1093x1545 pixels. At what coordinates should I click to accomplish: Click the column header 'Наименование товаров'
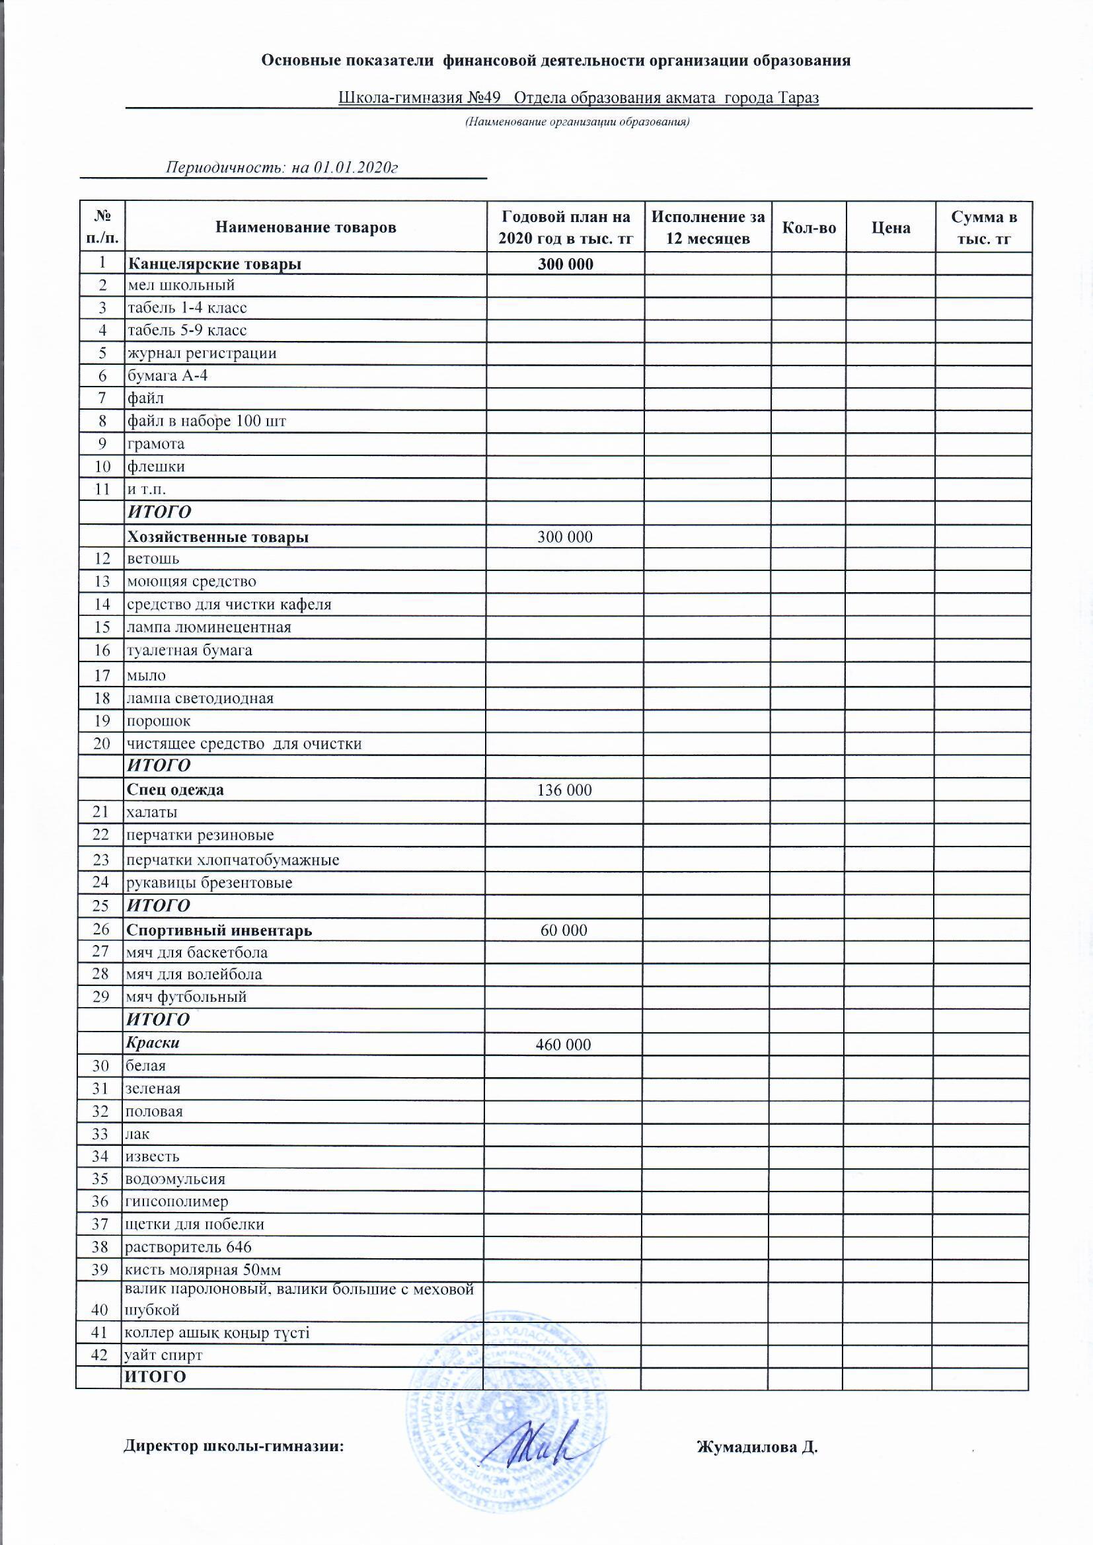click(305, 227)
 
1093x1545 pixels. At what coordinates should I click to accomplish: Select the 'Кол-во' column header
click(808, 227)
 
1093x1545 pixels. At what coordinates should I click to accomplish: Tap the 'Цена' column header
click(890, 227)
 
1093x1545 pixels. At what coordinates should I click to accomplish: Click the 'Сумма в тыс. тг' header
click(983, 227)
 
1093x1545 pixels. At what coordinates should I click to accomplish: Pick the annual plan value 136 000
click(564, 790)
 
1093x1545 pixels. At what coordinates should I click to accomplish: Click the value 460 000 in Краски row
click(563, 1044)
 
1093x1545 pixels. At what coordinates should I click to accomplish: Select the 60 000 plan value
click(564, 930)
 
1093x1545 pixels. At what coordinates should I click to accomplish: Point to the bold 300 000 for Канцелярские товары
click(566, 264)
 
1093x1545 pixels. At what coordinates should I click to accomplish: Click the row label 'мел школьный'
click(181, 285)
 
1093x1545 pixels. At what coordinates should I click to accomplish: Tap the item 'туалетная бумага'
click(190, 650)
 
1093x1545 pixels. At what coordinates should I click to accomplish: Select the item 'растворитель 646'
click(188, 1247)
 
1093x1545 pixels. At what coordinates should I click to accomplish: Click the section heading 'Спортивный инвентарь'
click(219, 930)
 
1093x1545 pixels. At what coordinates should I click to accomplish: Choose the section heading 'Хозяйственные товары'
click(217, 537)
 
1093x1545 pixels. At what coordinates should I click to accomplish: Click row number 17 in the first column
click(102, 675)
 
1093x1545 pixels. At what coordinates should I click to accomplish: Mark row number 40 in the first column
click(100, 1310)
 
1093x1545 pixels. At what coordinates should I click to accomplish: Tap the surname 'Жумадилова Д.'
click(757, 1447)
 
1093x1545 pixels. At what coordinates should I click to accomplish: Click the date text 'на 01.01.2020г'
click(344, 168)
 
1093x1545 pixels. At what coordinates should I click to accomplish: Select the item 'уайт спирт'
click(163, 1355)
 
